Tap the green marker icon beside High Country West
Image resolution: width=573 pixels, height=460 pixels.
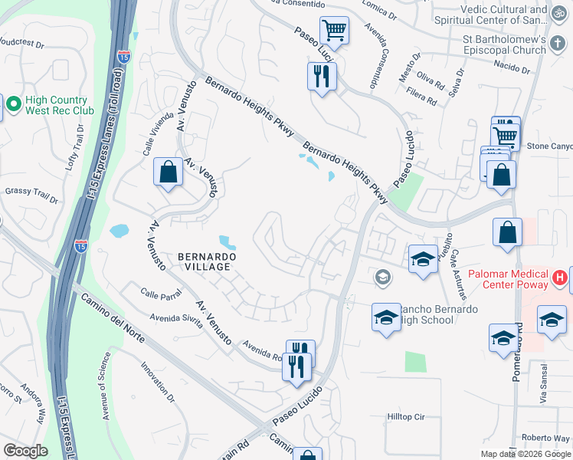[x=13, y=103]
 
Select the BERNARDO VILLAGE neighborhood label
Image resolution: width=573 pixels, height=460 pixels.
[x=203, y=261]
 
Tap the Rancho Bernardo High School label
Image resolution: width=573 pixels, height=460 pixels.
[x=429, y=314]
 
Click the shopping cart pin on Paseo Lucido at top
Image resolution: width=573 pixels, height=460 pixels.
[x=334, y=31]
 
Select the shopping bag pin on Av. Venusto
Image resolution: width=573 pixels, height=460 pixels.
[x=168, y=172]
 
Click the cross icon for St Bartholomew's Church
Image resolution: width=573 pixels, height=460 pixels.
[x=558, y=45]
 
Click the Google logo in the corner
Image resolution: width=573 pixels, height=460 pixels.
[x=26, y=450]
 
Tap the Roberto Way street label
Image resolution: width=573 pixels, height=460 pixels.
[x=545, y=438]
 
